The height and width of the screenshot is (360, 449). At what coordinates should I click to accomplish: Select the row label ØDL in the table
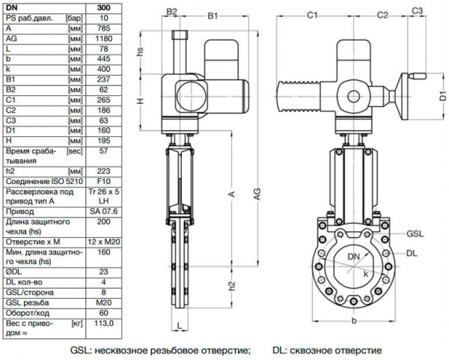point(13,271)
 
